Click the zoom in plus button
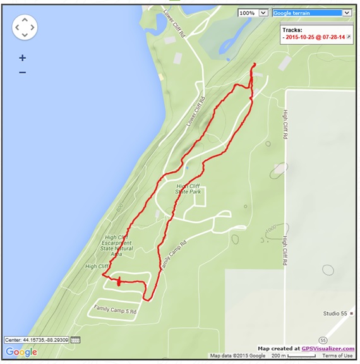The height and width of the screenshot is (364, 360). pyautogui.click(x=22, y=58)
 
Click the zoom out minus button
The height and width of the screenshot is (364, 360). pyautogui.click(x=22, y=73)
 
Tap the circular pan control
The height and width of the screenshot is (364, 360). pyautogui.click(x=25, y=27)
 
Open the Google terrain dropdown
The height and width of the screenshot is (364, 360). pyautogui.click(x=311, y=13)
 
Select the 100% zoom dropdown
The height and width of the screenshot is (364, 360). pyautogui.click(x=253, y=13)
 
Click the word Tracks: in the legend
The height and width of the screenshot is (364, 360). pyautogui.click(x=292, y=30)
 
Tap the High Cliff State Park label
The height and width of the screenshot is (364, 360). pyautogui.click(x=189, y=188)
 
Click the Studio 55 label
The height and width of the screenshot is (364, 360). pyautogui.click(x=335, y=313)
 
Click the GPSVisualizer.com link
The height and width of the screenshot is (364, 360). pyautogui.click(x=327, y=348)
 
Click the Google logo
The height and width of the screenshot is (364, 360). pyautogui.click(x=21, y=352)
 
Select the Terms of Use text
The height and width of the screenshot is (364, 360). pyautogui.click(x=337, y=356)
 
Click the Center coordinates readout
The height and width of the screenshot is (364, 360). pyautogui.click(x=37, y=340)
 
